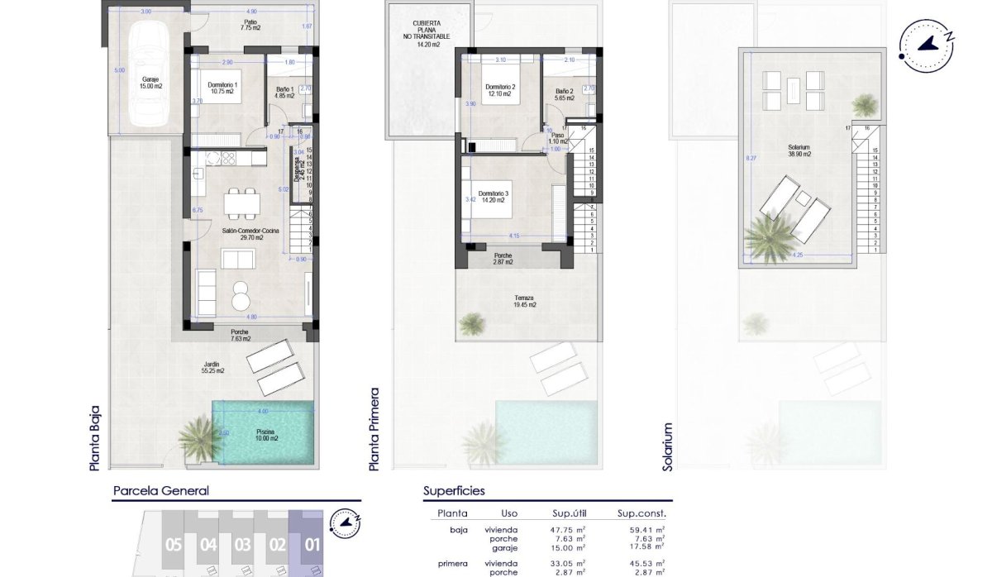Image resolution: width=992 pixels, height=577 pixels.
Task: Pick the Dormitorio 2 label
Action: [x=500, y=91]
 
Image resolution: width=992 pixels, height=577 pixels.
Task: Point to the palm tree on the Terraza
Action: [x=472, y=323]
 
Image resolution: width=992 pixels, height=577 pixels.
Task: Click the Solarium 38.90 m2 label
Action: [x=799, y=151]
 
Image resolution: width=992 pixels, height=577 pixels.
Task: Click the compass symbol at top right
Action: [x=927, y=44]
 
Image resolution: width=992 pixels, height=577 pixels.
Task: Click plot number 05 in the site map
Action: [x=173, y=545]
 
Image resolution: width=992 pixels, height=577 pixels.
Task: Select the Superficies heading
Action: [x=454, y=491]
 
